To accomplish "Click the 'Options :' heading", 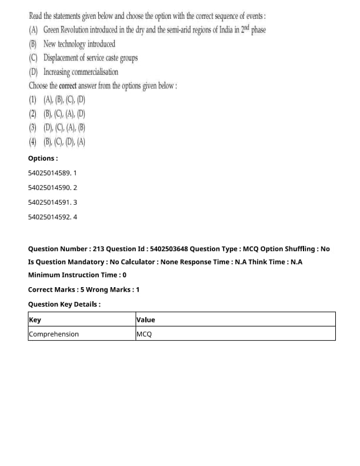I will (x=43, y=158).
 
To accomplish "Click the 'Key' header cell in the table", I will (x=35, y=319).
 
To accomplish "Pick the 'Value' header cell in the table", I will (x=145, y=319).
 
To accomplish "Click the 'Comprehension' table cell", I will (x=54, y=334).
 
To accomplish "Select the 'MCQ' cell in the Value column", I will (x=144, y=334).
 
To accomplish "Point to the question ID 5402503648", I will (x=167, y=249).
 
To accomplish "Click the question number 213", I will (x=93, y=249).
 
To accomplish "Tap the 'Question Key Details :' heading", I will (x=64, y=304).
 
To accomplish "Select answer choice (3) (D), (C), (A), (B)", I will (x=57, y=128).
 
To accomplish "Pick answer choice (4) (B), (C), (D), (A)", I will (x=57, y=142).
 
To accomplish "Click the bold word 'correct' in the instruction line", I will (x=69, y=86).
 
